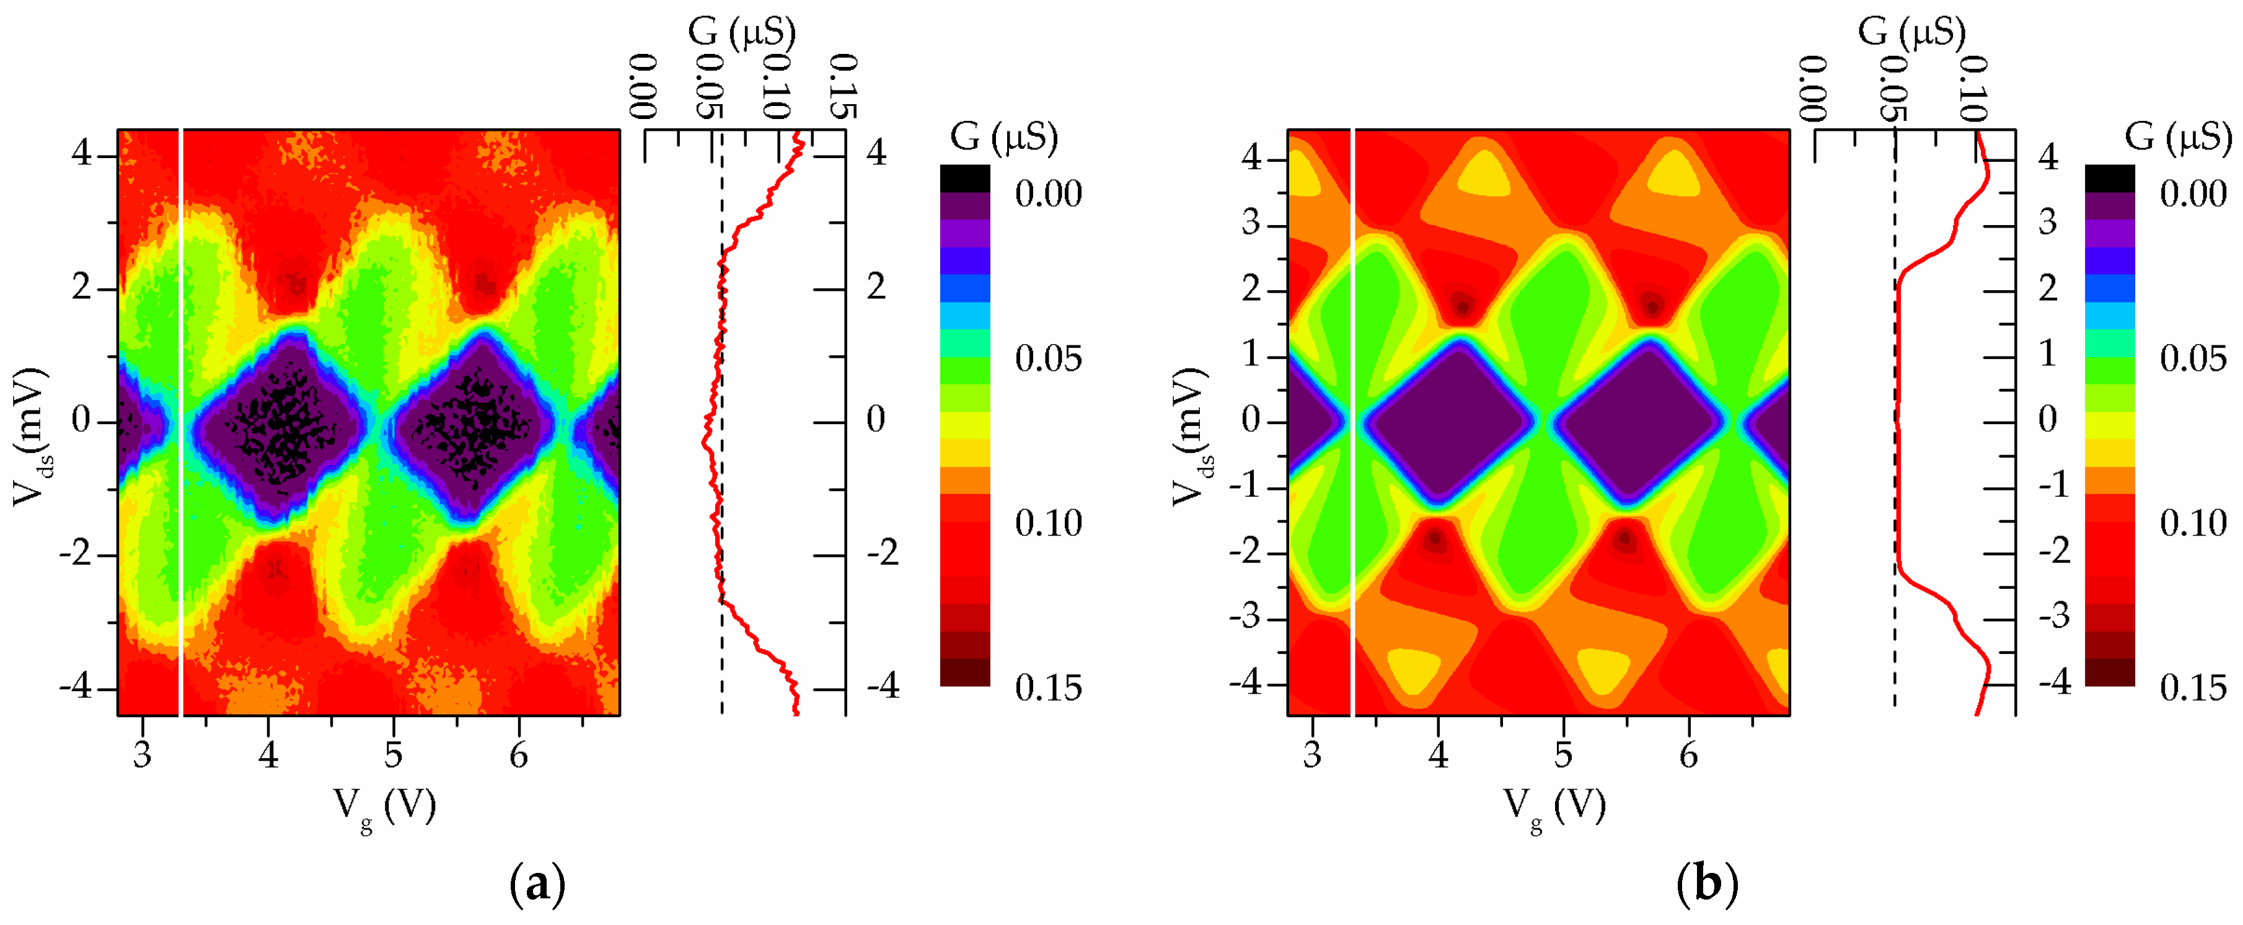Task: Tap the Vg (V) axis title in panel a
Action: pyautogui.click(x=386, y=807)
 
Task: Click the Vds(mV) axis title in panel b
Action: pyautogui.click(x=1189, y=435)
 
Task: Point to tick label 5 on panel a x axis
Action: pyautogui.click(x=394, y=755)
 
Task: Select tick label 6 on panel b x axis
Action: pyautogui.click(x=1689, y=755)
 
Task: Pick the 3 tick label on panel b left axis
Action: pyautogui.click(x=1251, y=223)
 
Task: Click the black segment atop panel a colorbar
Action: pyautogui.click(x=965, y=179)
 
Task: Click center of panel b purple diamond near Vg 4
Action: pyautogui.click(x=1452, y=422)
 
